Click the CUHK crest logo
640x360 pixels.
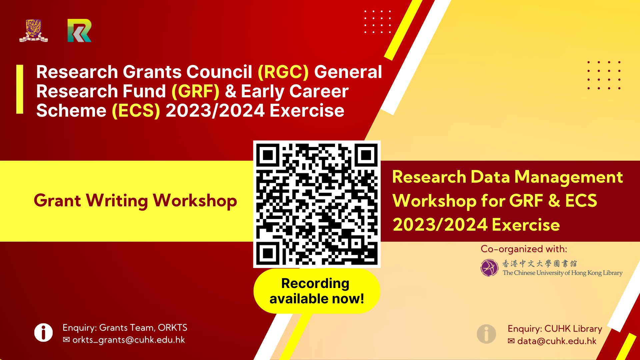(33, 30)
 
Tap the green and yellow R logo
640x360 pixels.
(79, 30)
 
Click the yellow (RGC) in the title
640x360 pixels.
(283, 72)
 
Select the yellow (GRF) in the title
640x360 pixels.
(195, 91)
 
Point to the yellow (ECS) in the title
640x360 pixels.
(136, 111)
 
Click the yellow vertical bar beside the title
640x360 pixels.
(20, 89)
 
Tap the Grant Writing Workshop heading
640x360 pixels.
(135, 201)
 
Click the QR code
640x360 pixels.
(317, 204)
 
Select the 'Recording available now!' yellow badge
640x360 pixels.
(317, 291)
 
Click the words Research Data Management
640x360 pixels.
(507, 177)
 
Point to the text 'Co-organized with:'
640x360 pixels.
(524, 249)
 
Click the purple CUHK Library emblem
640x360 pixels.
(489, 268)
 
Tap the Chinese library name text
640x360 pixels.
(539, 263)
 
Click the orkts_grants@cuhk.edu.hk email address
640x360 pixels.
(129, 340)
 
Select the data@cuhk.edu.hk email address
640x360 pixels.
(557, 341)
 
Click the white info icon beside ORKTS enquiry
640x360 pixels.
(43, 333)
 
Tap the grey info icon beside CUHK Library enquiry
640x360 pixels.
(486, 334)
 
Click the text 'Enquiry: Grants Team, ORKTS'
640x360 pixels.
(125, 328)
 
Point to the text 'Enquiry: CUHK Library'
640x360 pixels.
(555, 329)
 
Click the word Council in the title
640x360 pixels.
(219, 72)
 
